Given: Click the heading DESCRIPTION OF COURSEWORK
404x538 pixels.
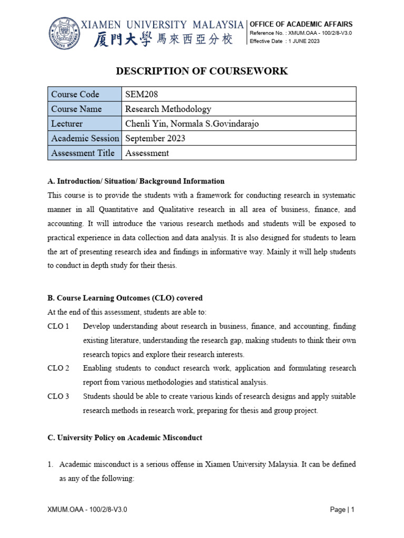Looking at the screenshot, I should coord(202,71).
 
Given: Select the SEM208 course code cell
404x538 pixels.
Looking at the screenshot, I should coord(142,95).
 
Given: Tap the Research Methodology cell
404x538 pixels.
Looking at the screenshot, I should coord(168,109).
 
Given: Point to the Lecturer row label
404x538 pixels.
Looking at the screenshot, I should coord(67,124).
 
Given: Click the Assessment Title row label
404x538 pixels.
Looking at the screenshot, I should coord(84,153).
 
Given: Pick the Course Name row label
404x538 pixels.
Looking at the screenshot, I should coord(76,109).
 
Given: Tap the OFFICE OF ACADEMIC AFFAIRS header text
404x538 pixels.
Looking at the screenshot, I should coord(301,24).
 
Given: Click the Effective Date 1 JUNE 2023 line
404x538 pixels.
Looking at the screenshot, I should coord(285,42).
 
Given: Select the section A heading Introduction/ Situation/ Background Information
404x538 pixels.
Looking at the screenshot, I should coord(136,181).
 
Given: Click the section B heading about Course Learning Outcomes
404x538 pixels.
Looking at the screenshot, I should coord(125,298).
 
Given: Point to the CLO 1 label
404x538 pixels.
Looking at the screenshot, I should coord(58,326).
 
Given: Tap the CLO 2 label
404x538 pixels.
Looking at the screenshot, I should coord(58,368).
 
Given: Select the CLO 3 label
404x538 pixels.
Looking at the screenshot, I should coord(58,396).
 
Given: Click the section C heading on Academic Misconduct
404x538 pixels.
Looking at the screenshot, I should coord(125,438).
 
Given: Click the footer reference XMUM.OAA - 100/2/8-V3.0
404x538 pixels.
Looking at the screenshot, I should coord(87,510).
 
